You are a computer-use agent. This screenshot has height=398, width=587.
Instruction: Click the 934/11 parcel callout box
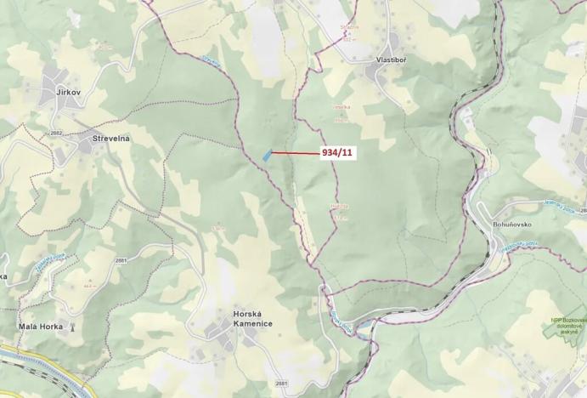336,153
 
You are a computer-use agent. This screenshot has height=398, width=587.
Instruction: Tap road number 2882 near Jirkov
57,134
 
